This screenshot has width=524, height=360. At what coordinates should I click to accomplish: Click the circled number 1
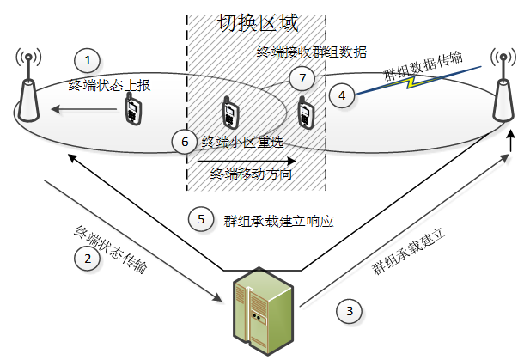(x=88, y=60)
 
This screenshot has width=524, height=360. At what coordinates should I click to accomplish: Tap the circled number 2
(x=85, y=258)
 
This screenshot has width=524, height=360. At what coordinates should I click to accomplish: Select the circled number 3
(x=349, y=311)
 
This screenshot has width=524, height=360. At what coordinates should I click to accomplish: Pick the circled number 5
(x=201, y=219)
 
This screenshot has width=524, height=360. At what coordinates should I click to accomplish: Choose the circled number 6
(x=184, y=141)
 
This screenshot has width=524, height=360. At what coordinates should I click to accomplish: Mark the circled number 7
(x=299, y=79)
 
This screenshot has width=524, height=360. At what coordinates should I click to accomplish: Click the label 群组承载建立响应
(x=277, y=220)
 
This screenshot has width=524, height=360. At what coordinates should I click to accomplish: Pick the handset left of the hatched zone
(x=133, y=110)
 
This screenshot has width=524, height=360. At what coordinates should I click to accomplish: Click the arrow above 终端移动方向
(x=248, y=159)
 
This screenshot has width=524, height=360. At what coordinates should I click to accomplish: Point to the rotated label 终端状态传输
(x=113, y=250)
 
